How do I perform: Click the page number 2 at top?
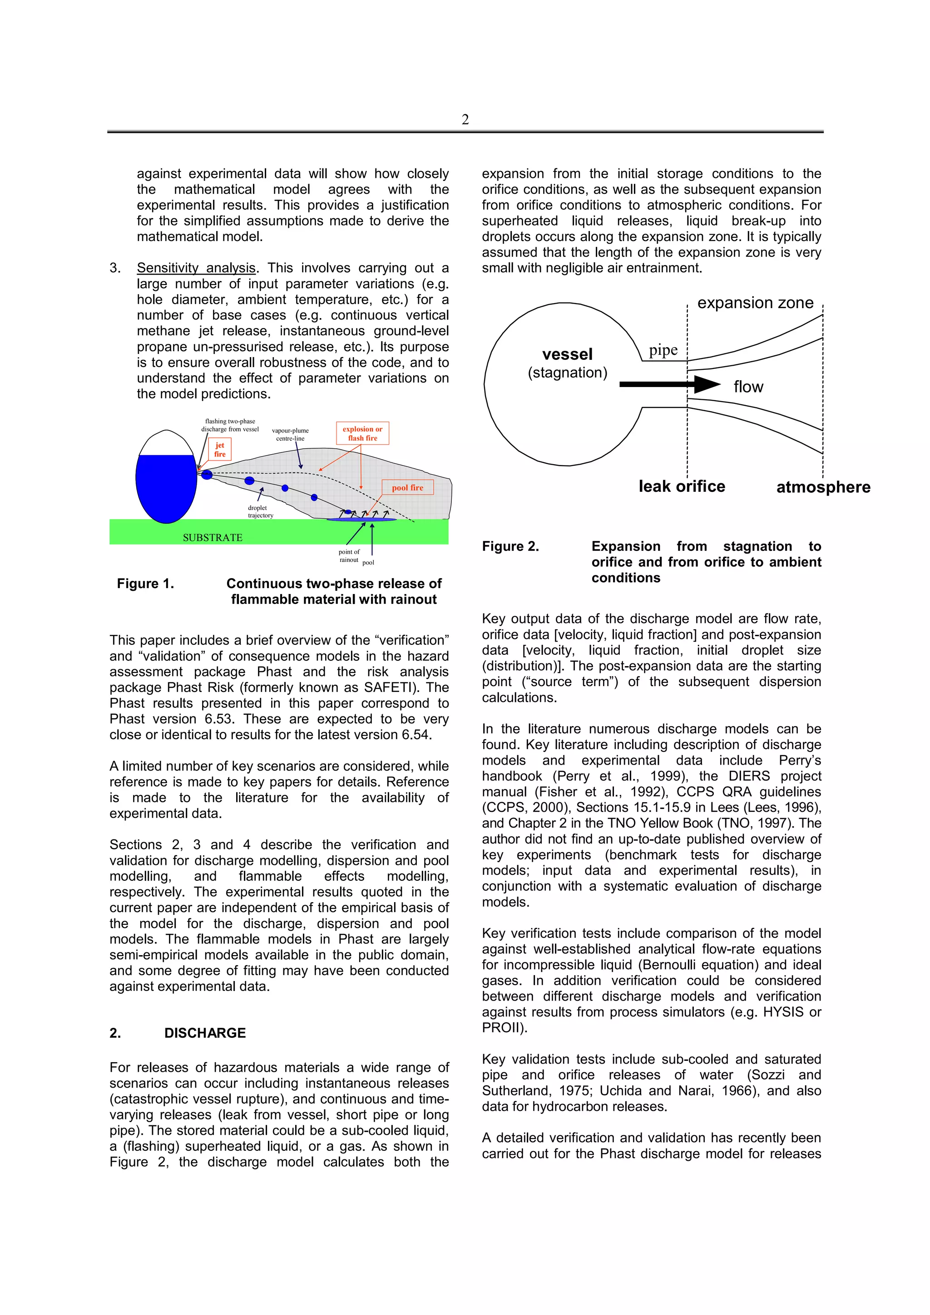[x=465, y=120]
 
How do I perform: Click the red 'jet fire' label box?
[x=220, y=450]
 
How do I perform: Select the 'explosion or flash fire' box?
[x=362, y=433]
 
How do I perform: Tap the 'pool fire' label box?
[x=407, y=487]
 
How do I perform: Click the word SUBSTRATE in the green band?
[x=213, y=537]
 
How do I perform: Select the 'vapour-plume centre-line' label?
[x=290, y=434]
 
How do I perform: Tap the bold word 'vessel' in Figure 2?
[x=567, y=354]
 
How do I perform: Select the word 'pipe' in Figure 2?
[x=663, y=350]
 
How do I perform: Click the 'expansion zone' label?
[x=755, y=303]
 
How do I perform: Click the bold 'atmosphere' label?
[x=823, y=487]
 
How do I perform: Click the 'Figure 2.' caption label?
[x=510, y=546]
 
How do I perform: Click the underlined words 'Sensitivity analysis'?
[x=196, y=268]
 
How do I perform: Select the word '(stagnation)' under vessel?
[x=567, y=373]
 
